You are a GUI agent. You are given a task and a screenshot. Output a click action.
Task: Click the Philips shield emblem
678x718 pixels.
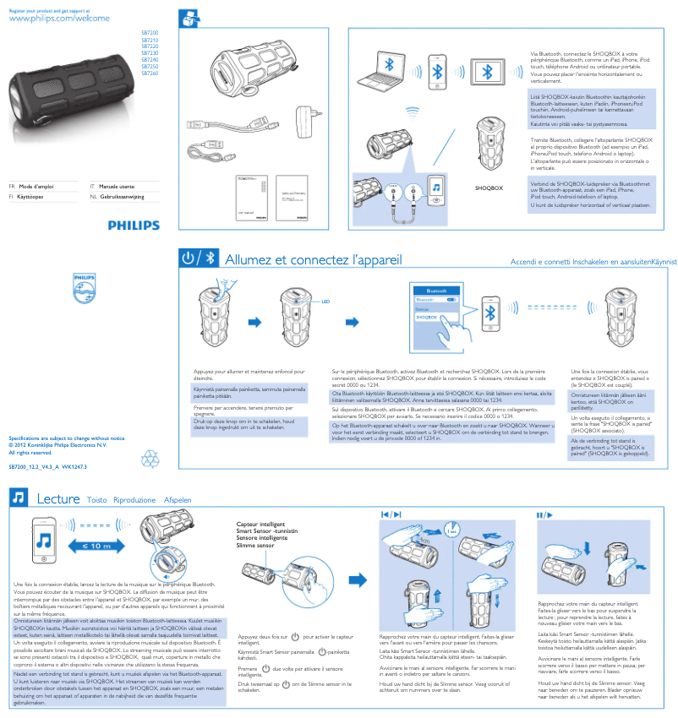[x=85, y=287]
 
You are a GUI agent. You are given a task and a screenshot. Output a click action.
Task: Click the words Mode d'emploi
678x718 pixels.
[x=37, y=185]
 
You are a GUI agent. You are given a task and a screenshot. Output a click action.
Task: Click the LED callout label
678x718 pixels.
[x=324, y=301]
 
